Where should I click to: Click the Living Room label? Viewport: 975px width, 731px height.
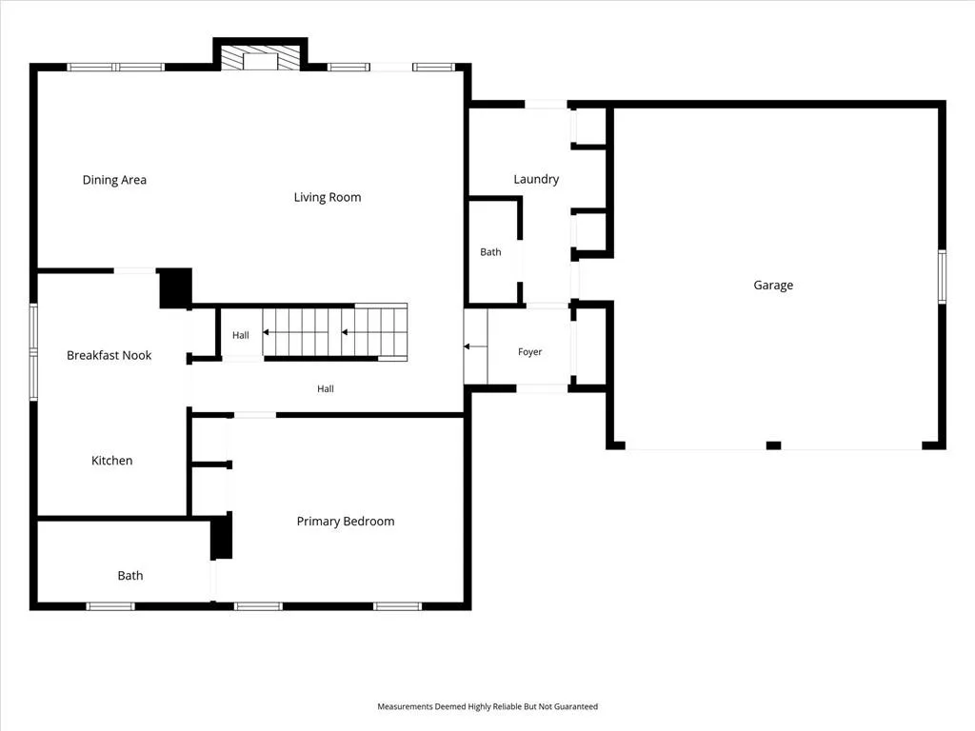tap(328, 197)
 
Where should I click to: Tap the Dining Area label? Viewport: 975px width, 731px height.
tap(114, 180)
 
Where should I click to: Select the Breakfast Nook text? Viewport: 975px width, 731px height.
tap(109, 355)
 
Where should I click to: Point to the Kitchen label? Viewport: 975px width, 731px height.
tap(112, 461)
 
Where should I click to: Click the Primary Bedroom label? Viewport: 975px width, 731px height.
tap(345, 522)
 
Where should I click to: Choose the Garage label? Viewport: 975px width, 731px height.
tap(773, 286)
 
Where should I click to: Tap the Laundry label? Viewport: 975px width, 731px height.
tap(536, 180)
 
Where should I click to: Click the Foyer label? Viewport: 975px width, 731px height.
tap(529, 352)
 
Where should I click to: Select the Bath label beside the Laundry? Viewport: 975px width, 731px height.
tap(490, 251)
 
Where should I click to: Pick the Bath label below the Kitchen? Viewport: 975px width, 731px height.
tap(129, 576)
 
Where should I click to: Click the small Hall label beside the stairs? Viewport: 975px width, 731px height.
tap(241, 335)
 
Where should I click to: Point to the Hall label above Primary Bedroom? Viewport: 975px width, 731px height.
tap(326, 388)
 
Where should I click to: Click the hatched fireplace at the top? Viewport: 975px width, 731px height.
tap(261, 57)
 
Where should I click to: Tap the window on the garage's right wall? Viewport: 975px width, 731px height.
tap(942, 277)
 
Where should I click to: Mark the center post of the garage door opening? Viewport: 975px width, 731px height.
tap(773, 445)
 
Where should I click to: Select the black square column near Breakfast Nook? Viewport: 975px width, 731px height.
tap(175, 287)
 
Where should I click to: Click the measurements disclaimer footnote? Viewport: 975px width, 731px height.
tap(487, 707)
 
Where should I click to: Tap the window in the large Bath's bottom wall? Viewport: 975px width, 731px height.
tap(110, 606)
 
